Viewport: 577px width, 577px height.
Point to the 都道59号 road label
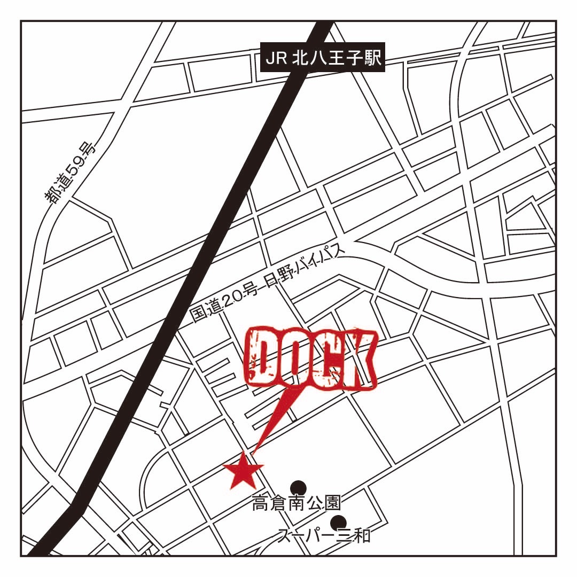click(x=70, y=174)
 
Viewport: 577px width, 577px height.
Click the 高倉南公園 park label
click(x=297, y=503)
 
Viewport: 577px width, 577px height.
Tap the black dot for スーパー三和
click(x=338, y=522)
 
